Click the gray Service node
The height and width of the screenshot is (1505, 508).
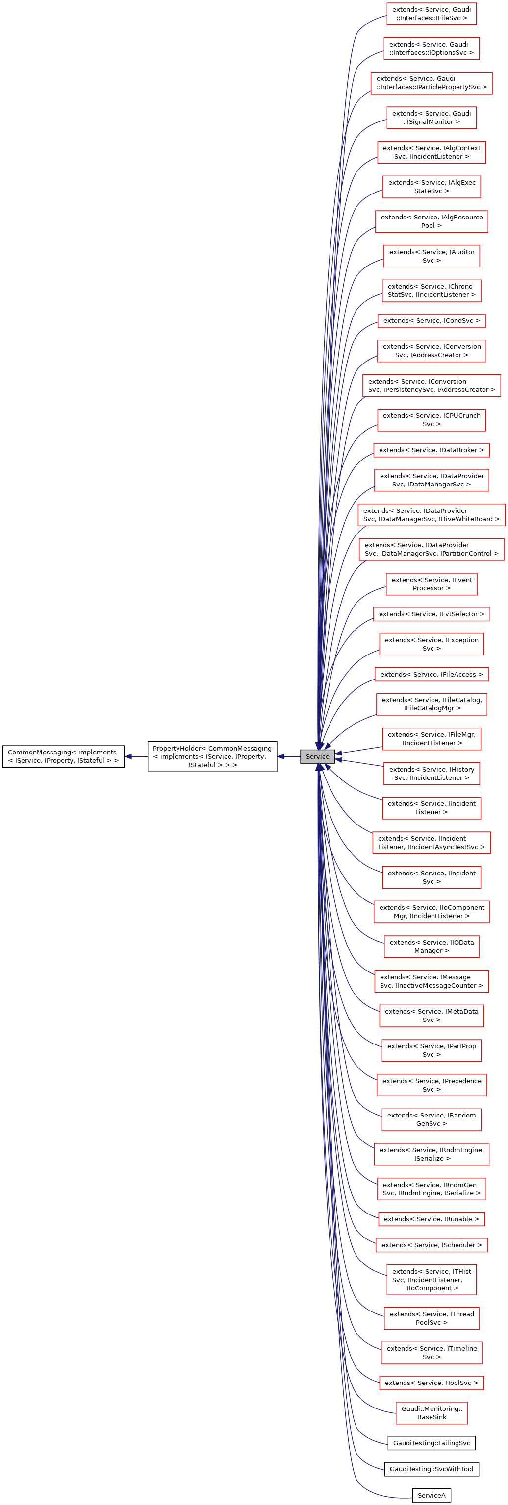tap(317, 756)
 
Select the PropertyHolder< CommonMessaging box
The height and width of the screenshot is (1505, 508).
tap(212, 756)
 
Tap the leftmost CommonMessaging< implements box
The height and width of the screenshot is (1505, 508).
tap(63, 756)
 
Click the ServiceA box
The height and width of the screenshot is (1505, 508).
tap(431, 1495)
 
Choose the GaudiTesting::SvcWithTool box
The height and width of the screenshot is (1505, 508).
tap(431, 1469)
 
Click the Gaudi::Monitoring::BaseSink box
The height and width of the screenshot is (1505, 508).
tap(432, 1413)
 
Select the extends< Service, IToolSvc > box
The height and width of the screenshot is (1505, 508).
tap(432, 1383)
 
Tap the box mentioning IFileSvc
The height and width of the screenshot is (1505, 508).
tap(432, 13)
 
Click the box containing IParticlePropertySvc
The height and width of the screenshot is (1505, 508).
tap(432, 82)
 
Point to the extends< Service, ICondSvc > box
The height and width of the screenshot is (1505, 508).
tap(432, 320)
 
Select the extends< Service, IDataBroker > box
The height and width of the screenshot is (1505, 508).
tap(432, 450)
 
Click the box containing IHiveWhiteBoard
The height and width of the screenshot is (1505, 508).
tap(432, 515)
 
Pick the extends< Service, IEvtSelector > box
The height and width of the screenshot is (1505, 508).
tap(432, 614)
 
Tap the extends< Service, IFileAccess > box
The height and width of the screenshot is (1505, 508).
tap(432, 674)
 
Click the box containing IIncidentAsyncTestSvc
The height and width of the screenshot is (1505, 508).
tap(432, 843)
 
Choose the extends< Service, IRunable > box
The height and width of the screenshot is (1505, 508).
tap(432, 1219)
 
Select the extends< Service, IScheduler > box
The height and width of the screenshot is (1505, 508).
tap(432, 1245)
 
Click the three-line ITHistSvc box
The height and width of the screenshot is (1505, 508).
tap(432, 1280)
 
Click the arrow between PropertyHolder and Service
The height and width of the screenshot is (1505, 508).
tap(289, 756)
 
